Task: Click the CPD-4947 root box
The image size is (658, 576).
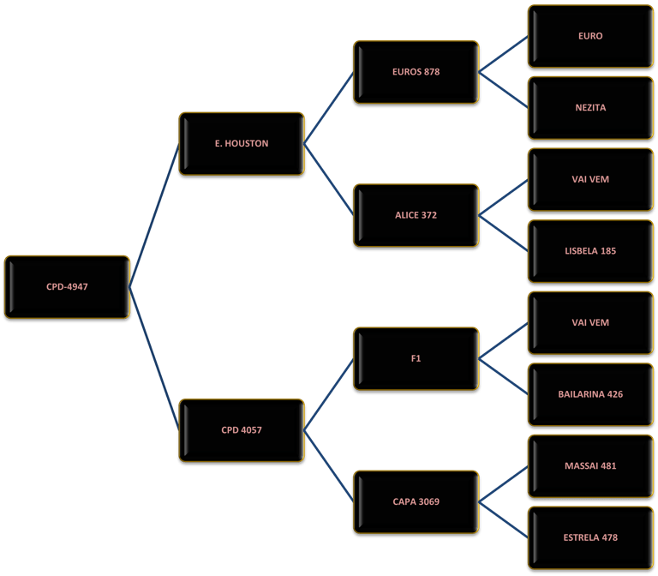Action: tap(67, 287)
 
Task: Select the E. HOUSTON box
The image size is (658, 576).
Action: tap(242, 144)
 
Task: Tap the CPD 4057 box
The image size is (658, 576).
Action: tap(242, 430)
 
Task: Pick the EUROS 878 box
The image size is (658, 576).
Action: tap(416, 72)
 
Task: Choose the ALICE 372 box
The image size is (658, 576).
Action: tap(416, 215)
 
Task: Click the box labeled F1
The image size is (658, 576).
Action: tap(416, 358)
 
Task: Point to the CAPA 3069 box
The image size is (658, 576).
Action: tap(416, 502)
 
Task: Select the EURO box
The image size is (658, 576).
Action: tap(591, 36)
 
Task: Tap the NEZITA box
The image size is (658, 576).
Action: tap(591, 108)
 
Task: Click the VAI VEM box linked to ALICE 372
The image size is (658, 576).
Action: tap(591, 180)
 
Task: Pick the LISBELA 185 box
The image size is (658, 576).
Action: tap(591, 251)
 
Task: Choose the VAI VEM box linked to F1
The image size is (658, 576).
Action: tap(591, 323)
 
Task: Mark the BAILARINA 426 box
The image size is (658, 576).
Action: tap(591, 394)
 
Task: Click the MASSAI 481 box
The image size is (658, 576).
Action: tap(591, 466)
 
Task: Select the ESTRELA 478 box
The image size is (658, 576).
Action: tap(591, 537)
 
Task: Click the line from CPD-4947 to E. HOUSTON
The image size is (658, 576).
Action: tap(154, 215)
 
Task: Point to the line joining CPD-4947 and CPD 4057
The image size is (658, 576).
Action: tap(154, 358)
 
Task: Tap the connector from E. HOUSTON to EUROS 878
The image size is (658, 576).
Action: tap(329, 108)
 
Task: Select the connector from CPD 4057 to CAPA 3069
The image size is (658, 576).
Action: tap(329, 466)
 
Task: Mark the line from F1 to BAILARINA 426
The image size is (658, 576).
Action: tap(504, 376)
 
